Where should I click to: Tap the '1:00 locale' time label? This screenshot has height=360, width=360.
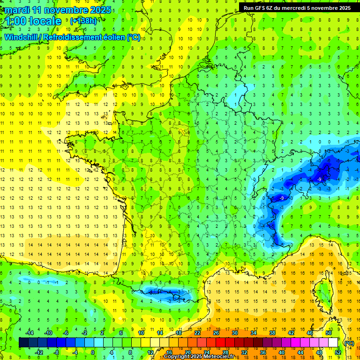tap(33, 21)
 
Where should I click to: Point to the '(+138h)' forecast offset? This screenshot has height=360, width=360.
tap(83, 21)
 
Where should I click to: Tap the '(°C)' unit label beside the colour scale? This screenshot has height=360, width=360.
tap(348, 343)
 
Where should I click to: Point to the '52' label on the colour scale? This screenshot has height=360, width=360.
tap(338, 352)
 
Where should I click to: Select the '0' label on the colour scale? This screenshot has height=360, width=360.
tap(92, 352)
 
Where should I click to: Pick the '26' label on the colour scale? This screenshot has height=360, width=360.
tap(216, 333)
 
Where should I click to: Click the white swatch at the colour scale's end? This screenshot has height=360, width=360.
tap(333, 343)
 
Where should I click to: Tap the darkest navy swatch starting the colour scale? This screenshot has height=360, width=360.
tap(23, 343)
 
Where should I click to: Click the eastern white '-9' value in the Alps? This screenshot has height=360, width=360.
tap(319, 179)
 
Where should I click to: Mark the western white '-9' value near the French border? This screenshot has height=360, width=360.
tap(282, 198)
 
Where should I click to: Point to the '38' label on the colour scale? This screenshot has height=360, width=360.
tap(272, 333)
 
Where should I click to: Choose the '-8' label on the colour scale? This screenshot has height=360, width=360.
tap(57, 352)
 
